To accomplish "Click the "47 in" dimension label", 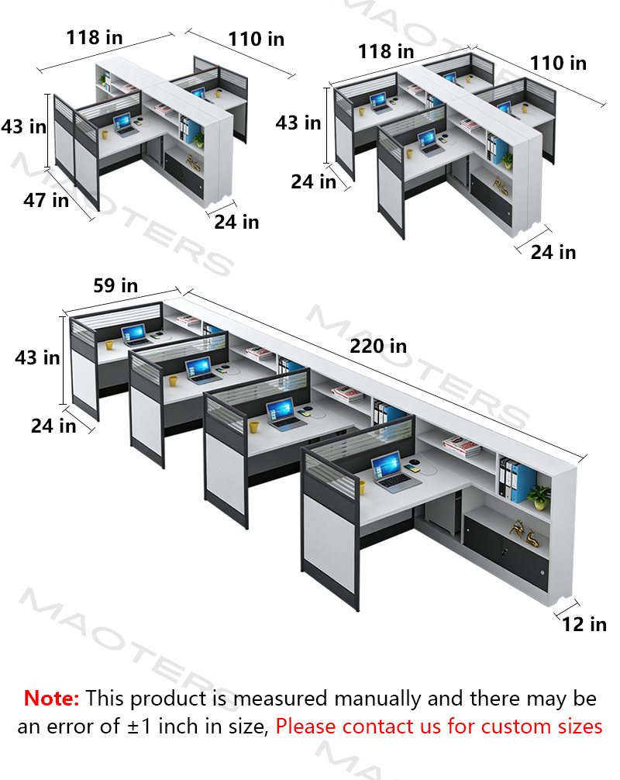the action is click(46, 201).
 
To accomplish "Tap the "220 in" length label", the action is click(378, 347).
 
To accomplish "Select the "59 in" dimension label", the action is click(115, 285).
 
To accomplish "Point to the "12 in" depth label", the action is click(584, 624).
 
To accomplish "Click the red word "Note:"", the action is click(51, 699).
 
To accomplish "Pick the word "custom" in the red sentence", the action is click(516, 727).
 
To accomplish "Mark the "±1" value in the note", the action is click(139, 727).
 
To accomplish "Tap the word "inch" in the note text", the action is click(179, 727).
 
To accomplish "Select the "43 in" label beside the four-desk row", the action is click(37, 357).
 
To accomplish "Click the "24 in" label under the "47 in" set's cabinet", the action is click(236, 222).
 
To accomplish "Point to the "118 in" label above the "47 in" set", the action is click(95, 37).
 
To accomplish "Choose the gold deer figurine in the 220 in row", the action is click(525, 533).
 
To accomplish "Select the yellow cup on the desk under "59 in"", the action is click(108, 344).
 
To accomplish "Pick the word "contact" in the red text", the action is click(376, 727).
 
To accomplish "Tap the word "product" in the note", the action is click(168, 699).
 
